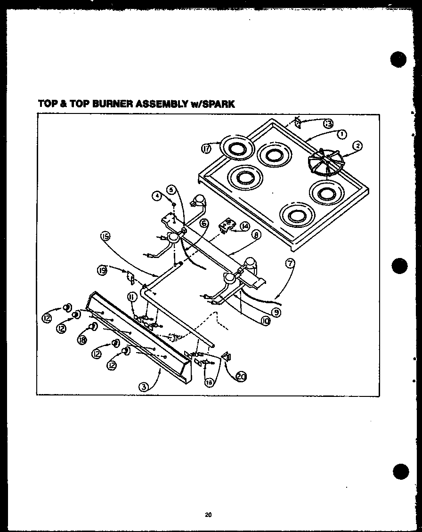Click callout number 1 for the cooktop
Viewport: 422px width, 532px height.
coord(342,134)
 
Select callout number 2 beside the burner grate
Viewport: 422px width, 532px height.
coord(357,146)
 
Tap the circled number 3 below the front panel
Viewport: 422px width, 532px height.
coord(143,387)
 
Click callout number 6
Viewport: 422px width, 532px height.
coord(203,224)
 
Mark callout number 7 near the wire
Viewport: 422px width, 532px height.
coord(291,264)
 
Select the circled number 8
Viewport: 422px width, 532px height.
coord(256,234)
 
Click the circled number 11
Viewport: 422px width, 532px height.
coord(131,297)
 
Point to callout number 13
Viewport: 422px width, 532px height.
coord(328,124)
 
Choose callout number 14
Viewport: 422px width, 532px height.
coord(245,226)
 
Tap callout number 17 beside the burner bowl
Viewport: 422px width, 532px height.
coord(206,149)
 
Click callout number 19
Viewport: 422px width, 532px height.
coord(103,270)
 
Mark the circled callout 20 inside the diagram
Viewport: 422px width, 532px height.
coord(241,376)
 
